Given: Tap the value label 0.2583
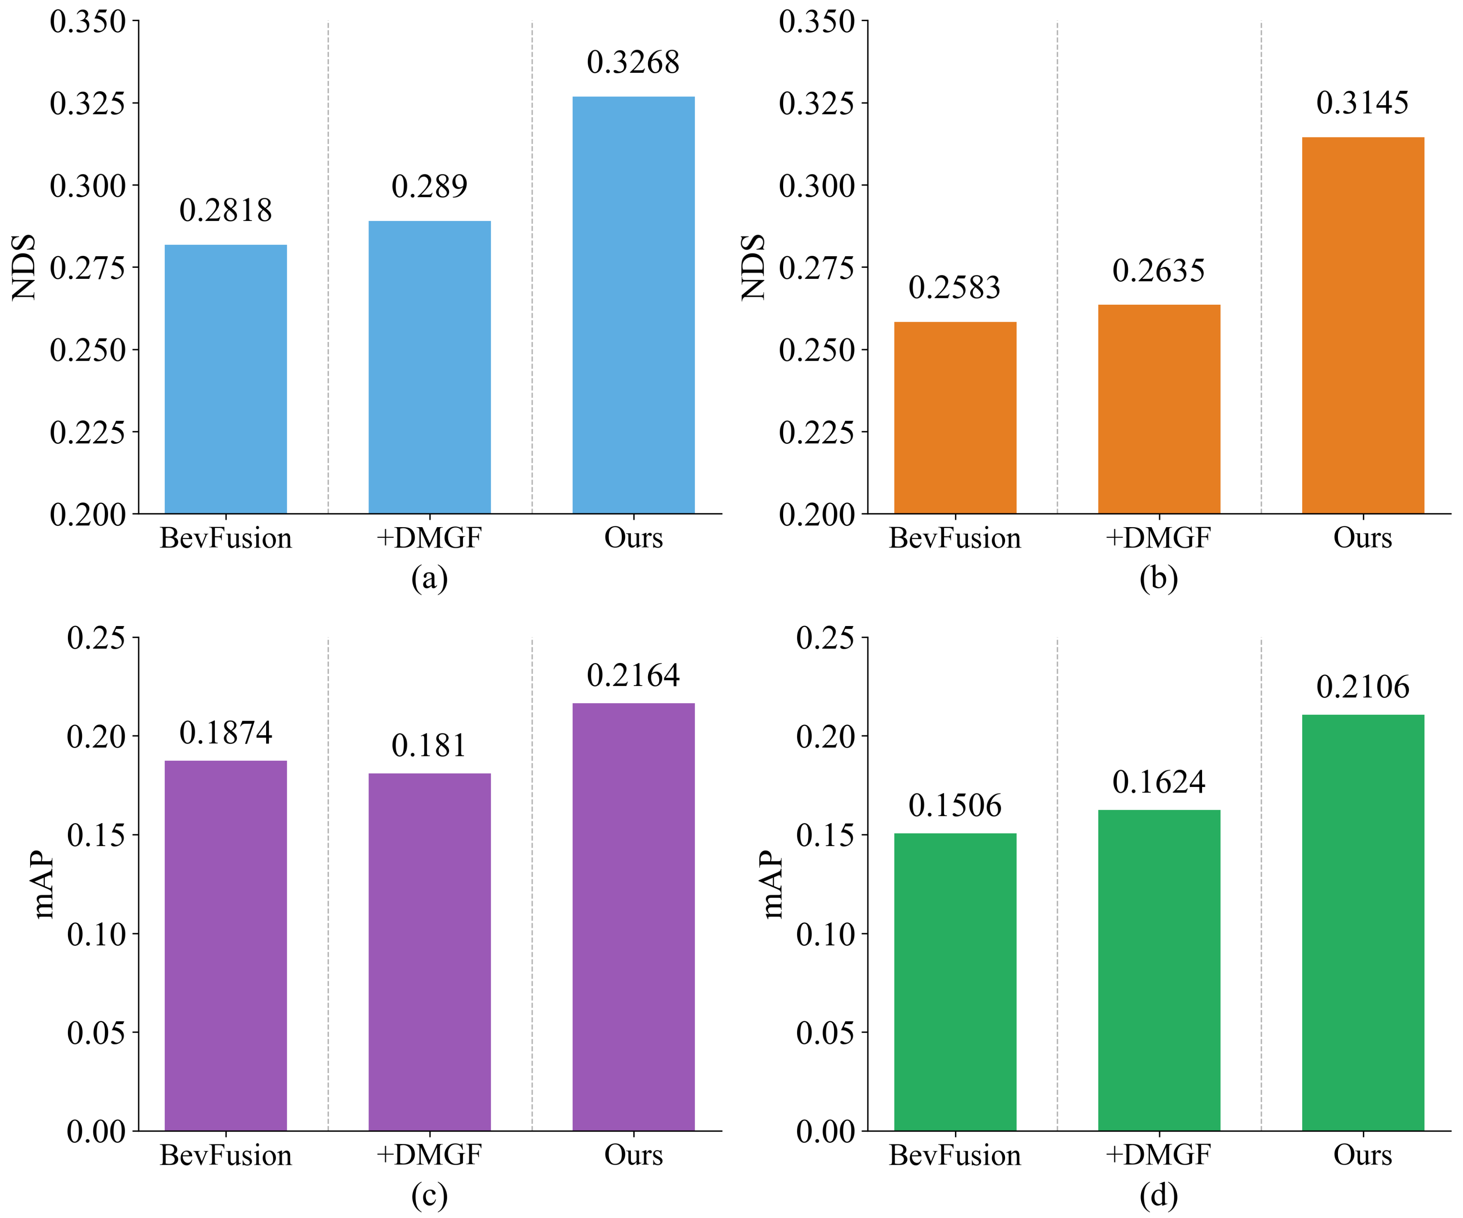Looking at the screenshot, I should [x=954, y=287].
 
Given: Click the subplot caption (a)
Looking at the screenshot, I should [x=429, y=578].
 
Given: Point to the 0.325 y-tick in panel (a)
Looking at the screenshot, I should [x=88, y=104].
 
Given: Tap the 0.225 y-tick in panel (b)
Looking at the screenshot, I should [x=816, y=433].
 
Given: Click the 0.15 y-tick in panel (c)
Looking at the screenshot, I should [x=96, y=835].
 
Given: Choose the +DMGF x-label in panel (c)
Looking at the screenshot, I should [x=429, y=1155].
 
